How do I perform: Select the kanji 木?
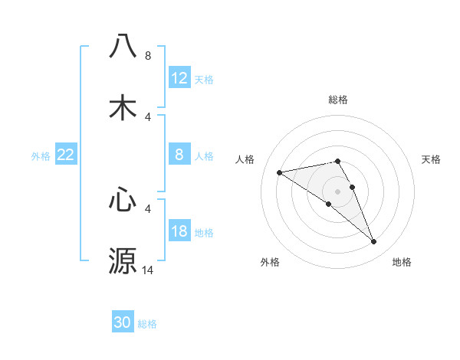click(x=123, y=107)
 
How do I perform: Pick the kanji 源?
click(x=123, y=260)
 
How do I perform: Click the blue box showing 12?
click(x=179, y=78)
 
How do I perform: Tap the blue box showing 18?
click(x=179, y=232)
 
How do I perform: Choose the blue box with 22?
click(x=66, y=155)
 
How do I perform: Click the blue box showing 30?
click(x=123, y=323)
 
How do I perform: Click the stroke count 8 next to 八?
click(x=147, y=55)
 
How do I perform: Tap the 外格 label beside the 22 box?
click(x=41, y=156)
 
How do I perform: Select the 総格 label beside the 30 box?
click(x=147, y=324)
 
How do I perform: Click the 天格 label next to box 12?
click(x=204, y=79)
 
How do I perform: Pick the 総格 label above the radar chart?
click(x=338, y=100)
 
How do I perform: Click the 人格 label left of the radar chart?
click(x=245, y=159)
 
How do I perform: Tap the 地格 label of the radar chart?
click(x=402, y=262)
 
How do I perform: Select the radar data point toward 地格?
click(x=373, y=242)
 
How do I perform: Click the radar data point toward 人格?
click(x=280, y=172)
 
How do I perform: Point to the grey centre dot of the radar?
click(x=338, y=191)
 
